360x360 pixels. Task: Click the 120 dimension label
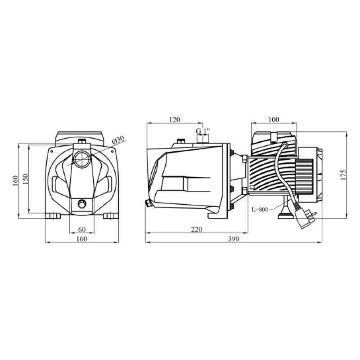pyautogui.click(x=175, y=120)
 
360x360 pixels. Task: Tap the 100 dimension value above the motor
pyautogui.click(x=274, y=120)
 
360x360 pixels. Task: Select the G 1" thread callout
pyautogui.click(x=203, y=131)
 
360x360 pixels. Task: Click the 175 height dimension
pyautogui.click(x=343, y=175)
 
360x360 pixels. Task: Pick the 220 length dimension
pyautogui.click(x=197, y=229)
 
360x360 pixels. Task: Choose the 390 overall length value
pyautogui.click(x=234, y=239)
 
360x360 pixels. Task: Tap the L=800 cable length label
pyautogui.click(x=260, y=210)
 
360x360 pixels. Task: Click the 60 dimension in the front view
pyautogui.click(x=82, y=229)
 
